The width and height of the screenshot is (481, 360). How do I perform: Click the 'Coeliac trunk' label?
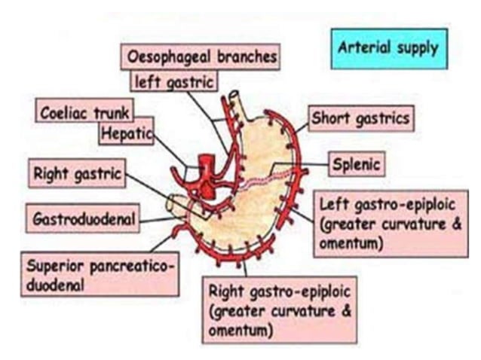coord(84,112)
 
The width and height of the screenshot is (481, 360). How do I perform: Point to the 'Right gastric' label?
coord(77,175)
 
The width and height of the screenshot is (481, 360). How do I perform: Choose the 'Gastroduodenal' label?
coord(84,219)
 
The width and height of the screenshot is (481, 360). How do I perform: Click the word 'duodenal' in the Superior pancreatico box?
coord(56,285)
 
